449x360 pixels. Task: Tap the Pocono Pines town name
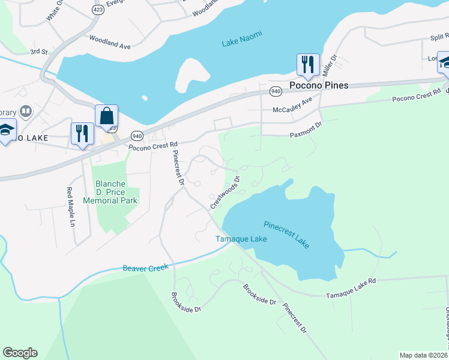(318, 86)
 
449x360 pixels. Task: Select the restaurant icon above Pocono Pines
(307, 64)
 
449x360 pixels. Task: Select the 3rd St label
(39, 52)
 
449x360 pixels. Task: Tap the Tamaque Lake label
(241, 239)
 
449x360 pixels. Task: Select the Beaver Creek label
(146, 268)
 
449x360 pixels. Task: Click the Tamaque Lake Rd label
(351, 288)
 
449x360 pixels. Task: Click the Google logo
(20, 353)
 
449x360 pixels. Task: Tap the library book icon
(26, 111)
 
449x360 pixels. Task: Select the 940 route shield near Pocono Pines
(276, 91)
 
